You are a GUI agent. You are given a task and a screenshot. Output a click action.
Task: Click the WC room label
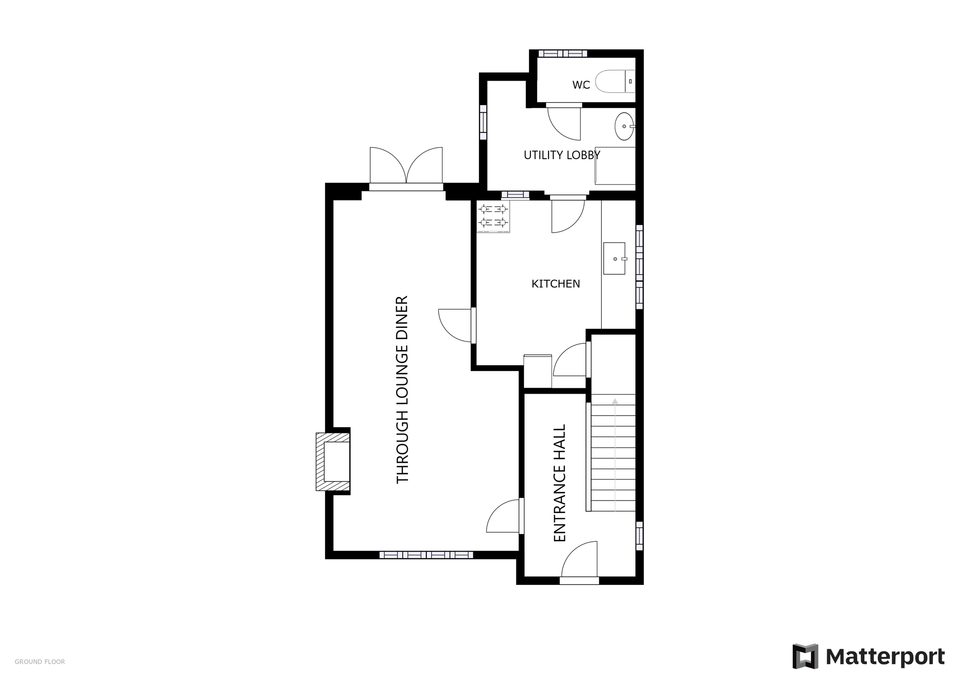(581, 85)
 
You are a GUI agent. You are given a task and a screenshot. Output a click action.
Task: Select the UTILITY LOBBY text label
(562, 155)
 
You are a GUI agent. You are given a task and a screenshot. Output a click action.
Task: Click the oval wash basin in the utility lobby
(624, 126)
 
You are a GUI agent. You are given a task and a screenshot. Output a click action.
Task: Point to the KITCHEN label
(556, 284)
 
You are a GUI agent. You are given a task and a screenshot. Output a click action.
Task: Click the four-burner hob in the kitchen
(493, 216)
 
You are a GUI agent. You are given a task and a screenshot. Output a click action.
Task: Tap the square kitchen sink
(614, 258)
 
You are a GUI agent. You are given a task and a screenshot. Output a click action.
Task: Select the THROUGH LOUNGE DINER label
(402, 389)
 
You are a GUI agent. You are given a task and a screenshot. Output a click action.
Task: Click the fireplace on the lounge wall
(333, 462)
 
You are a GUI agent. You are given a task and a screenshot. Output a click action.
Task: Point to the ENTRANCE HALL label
(560, 483)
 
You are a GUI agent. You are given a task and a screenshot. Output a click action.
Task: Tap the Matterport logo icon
(805, 656)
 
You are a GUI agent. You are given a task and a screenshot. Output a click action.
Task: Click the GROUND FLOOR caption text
(40, 662)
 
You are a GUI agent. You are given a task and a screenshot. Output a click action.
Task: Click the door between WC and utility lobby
(564, 122)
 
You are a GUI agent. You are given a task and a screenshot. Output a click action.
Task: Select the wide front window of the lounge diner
(426, 555)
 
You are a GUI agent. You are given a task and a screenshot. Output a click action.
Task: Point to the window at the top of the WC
(562, 53)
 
